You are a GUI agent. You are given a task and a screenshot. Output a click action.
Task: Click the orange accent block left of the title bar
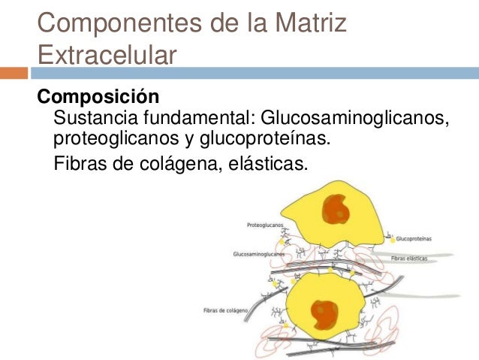coord(14,74)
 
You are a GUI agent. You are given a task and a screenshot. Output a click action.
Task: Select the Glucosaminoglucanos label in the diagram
coord(260,254)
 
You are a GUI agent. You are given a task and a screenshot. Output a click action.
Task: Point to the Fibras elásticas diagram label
coord(409,258)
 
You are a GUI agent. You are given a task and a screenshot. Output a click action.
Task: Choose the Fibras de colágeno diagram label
coord(225,310)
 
